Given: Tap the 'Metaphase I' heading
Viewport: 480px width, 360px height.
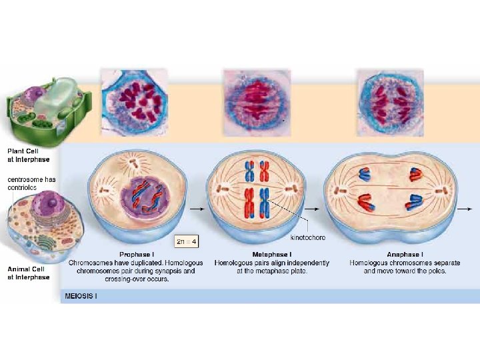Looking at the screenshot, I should [x=271, y=255].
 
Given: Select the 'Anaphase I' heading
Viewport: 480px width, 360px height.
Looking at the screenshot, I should [x=404, y=255].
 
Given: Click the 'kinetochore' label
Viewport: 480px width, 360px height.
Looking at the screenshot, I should [x=309, y=237].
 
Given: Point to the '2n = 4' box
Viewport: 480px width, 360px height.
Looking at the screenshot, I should [x=186, y=240].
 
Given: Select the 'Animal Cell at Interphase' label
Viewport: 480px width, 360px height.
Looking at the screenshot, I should [x=28, y=273].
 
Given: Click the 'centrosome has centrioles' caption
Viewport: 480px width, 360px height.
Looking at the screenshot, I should [x=31, y=183].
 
